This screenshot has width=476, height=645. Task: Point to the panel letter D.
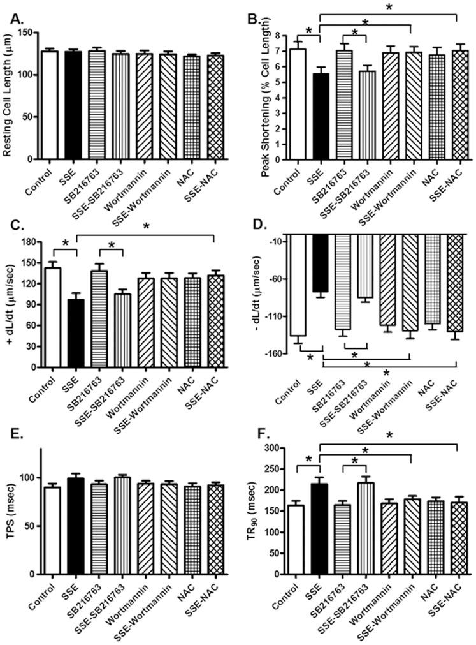pyautogui.click(x=257, y=225)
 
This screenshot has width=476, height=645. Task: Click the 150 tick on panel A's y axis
pyautogui.click(x=25, y=33)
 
